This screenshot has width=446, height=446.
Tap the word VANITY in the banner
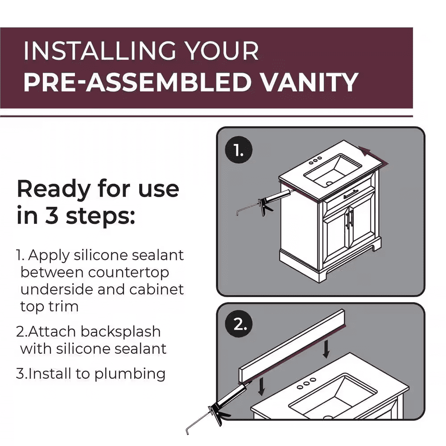coord(310,82)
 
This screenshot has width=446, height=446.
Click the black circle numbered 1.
coord(239,150)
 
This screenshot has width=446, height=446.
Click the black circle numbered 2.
coord(239,324)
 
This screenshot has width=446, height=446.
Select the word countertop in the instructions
coord(128,273)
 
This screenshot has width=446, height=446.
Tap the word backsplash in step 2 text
coord(120,332)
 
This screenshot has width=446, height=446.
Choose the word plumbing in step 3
coord(130,374)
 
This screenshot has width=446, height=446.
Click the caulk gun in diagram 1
coord(263,202)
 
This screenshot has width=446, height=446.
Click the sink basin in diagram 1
coord(333,170)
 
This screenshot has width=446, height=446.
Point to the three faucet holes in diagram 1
coord(315,161)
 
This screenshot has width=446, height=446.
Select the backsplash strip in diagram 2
coord(292,346)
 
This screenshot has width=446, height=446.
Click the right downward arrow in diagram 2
coord(326,349)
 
